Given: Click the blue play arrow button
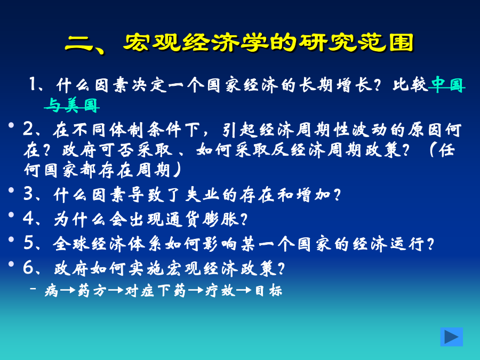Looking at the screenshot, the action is [452, 337].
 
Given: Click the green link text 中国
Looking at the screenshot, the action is [447, 85].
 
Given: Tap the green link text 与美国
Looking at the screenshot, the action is [72, 105].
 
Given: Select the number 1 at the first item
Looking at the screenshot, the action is [32, 84].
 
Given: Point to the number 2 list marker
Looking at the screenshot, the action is [28, 130].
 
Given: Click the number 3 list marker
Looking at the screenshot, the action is [28, 194].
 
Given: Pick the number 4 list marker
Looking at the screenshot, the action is [28, 219].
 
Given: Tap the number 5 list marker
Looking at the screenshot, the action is [28, 243].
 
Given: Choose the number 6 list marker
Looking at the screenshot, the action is [28, 268].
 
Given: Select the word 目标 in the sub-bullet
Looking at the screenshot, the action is [268, 291].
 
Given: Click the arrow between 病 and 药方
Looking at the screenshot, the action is [68, 290].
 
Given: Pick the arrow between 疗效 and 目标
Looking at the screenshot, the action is [244, 290].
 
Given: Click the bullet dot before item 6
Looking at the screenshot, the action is [11, 264].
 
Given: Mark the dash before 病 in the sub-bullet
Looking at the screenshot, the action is [33, 289].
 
